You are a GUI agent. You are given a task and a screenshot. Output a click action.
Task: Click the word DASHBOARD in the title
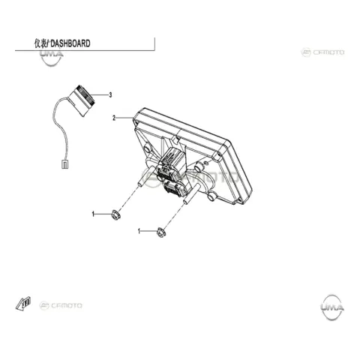click(70, 43)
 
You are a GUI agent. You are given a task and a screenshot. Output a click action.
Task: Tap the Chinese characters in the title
click(40, 43)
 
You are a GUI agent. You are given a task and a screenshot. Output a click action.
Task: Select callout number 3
click(110, 95)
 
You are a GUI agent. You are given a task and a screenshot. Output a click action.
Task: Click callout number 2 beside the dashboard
click(114, 118)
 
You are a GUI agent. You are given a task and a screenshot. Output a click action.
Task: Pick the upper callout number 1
click(93, 214)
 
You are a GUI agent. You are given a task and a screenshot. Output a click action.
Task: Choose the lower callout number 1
click(139, 231)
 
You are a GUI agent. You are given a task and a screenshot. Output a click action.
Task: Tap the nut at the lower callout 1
click(160, 232)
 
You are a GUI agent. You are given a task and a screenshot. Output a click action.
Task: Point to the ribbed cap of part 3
click(85, 95)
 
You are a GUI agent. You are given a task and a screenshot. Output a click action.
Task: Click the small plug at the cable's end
click(65, 163)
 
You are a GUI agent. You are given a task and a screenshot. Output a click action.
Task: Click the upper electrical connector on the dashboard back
click(171, 160)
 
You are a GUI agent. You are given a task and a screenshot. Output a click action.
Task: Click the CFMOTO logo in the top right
click(323, 52)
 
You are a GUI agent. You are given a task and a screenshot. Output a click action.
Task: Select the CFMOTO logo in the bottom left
click(61, 305)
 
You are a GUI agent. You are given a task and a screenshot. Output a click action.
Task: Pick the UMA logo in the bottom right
click(331, 307)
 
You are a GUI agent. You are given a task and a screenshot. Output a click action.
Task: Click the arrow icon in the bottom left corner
click(23, 303)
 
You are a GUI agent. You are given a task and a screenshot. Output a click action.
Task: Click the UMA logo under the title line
click(52, 58)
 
